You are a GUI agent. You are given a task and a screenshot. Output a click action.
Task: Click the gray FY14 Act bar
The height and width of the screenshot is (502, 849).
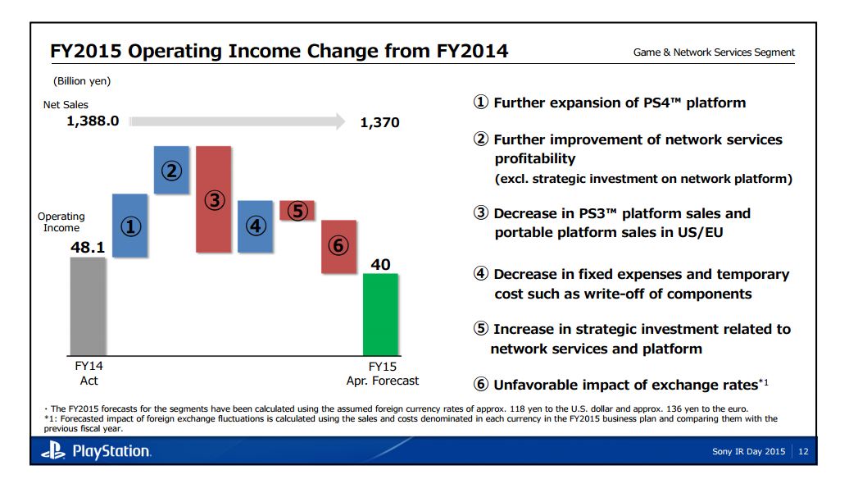coord(88,305)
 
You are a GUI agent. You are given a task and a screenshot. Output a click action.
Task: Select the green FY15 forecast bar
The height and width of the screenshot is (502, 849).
coord(380,314)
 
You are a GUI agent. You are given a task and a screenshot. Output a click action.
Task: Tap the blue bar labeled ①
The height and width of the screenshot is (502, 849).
coord(129,226)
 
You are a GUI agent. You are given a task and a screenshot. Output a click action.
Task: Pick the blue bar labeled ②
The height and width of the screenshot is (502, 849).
coord(171,170)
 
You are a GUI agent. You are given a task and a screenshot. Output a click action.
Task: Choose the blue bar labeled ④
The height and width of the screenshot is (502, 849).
coord(255,226)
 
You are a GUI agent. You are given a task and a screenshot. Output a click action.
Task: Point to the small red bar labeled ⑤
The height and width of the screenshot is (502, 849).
coord(297,211)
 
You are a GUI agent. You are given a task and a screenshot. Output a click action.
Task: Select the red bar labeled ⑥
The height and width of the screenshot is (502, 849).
coord(338,246)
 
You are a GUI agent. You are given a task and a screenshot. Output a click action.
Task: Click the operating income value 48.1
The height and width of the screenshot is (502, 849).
coord(87,245)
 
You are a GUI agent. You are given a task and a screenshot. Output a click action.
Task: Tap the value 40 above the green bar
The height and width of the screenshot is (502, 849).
coord(380,264)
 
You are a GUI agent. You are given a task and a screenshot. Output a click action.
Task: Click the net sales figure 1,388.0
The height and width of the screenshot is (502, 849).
coord(93,121)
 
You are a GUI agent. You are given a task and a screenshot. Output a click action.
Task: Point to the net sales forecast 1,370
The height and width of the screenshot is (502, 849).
coord(379,122)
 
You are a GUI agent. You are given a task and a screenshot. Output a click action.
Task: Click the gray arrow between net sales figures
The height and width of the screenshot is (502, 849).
coord(238,121)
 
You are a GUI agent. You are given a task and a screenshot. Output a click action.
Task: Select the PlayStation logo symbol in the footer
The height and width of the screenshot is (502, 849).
coord(54,450)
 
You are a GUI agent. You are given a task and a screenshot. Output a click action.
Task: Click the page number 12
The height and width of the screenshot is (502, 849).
coord(802,451)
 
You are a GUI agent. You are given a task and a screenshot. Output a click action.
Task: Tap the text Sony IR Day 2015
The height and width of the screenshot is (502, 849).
coord(749,451)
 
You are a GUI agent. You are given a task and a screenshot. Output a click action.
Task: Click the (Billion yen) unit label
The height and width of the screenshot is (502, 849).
coord(82,81)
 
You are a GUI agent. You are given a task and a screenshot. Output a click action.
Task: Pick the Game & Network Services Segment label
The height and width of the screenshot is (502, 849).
coord(714,52)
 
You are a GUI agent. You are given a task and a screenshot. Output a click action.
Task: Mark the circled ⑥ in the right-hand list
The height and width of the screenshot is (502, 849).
coord(482,385)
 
